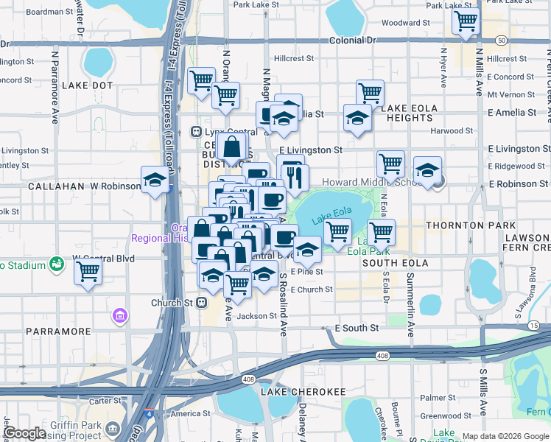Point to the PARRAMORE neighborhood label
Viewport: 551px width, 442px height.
point(58,331)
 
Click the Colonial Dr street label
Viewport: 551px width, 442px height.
point(353,42)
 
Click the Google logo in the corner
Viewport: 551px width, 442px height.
point(24,433)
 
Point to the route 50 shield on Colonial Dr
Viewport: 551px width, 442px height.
point(502,39)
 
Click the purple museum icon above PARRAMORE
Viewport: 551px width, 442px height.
point(119,316)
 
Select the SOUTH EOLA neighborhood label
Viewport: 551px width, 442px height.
point(396,263)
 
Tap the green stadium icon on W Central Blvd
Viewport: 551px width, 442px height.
point(55,263)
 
